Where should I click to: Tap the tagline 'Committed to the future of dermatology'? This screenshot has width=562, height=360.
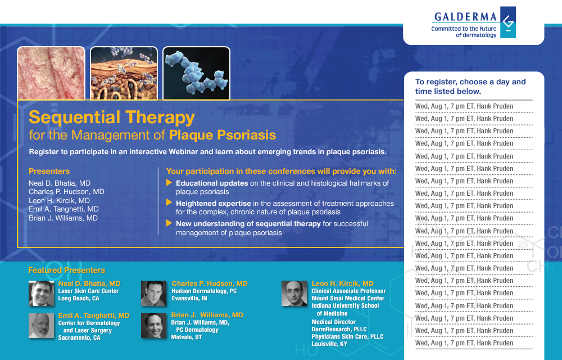(464, 31)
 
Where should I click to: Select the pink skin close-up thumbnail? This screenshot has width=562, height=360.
(51, 73)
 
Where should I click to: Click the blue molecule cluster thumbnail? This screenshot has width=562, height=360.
(196, 73)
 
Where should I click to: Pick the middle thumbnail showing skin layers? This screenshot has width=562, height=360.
(124, 73)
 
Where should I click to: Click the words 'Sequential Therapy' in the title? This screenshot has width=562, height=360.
(112, 118)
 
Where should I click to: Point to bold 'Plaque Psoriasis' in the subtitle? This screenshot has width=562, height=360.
(223, 135)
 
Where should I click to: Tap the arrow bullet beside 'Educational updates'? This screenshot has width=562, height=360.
(169, 183)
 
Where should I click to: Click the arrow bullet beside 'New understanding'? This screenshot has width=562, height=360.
(169, 223)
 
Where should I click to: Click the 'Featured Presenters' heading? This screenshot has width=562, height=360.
(66, 271)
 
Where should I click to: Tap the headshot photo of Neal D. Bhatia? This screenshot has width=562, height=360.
(42, 293)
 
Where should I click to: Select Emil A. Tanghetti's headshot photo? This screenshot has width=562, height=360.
(42, 326)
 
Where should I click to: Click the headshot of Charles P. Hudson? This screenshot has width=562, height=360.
(153, 293)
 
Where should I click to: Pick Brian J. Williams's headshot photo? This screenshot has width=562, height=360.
(153, 326)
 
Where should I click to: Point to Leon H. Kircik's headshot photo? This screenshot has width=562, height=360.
(294, 293)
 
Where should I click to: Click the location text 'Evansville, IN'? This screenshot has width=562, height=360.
(189, 299)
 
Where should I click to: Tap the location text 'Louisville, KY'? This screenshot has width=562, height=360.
(329, 344)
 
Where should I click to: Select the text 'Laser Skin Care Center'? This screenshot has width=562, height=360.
(88, 291)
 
